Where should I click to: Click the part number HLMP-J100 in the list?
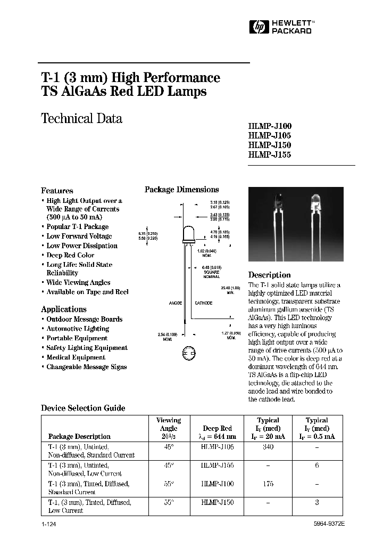click(x=270, y=126)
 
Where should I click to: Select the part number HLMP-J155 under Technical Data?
click(x=270, y=154)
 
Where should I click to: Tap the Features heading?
click(x=57, y=191)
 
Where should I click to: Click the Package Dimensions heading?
click(x=181, y=190)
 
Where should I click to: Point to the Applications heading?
click(x=63, y=309)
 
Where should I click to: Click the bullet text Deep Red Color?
click(x=70, y=255)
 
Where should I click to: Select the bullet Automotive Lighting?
click(x=78, y=329)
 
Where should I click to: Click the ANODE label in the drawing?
click(x=176, y=303)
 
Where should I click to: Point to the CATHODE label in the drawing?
click(x=203, y=303)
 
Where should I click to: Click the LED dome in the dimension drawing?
click(x=188, y=234)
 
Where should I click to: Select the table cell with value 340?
click(x=268, y=447)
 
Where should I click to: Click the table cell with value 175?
click(x=268, y=484)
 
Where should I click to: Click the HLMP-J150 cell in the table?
click(x=218, y=502)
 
